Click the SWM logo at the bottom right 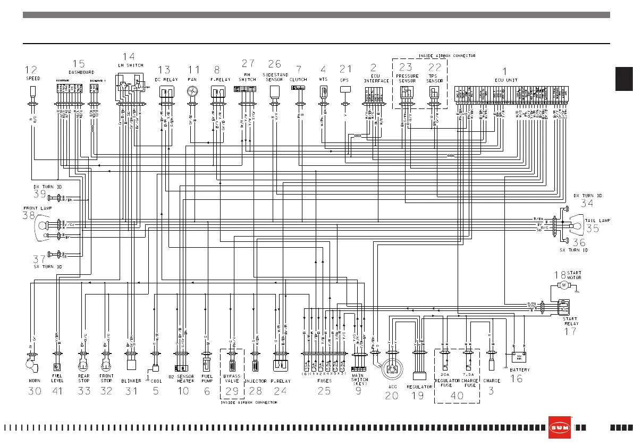pos(560,427)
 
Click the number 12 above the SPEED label pos(32,69)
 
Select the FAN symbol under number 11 pos(193,92)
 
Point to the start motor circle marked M pos(564,285)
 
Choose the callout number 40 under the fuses pos(457,395)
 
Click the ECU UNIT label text pos(505,80)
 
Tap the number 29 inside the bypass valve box pos(232,391)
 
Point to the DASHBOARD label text pos(81,72)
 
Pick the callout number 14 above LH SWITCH pos(129,56)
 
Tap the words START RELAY pos(570,321)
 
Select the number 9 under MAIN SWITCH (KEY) pos(359,390)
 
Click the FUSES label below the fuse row pos(324,381)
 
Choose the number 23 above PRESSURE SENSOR pos(406,68)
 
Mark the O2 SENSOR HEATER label pos(182,378)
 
